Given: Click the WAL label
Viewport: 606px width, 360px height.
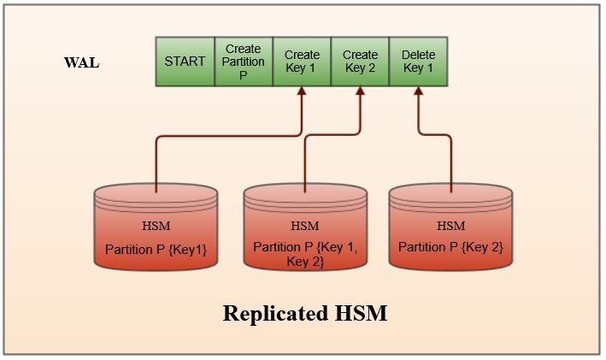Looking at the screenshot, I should point(81,63).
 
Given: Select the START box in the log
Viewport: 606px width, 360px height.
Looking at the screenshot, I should point(185,62).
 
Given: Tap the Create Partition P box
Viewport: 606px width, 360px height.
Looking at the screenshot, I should point(244,62).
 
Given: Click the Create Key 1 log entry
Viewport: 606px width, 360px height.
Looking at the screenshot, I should point(302,62).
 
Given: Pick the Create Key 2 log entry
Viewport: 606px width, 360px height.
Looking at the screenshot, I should point(360,62).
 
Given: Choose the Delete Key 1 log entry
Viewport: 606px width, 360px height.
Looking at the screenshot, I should point(418,62).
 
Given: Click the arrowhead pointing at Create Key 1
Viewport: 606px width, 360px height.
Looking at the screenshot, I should point(302,93).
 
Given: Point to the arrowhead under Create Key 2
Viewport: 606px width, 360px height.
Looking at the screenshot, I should point(360,93).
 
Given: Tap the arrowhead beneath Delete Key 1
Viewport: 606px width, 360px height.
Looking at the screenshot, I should point(418,93).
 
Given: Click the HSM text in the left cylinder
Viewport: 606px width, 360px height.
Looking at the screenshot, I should point(157,227).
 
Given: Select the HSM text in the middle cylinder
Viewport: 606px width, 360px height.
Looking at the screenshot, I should point(304,227).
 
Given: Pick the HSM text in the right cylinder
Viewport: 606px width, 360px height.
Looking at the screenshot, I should point(450,227).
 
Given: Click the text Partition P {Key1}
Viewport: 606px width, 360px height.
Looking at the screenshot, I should point(156,249).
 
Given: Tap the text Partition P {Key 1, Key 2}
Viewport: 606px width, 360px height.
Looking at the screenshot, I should point(304,254).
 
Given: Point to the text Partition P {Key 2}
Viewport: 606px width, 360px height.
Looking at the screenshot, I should point(450,248).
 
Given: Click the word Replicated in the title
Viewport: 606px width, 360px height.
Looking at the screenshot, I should point(271,314).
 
